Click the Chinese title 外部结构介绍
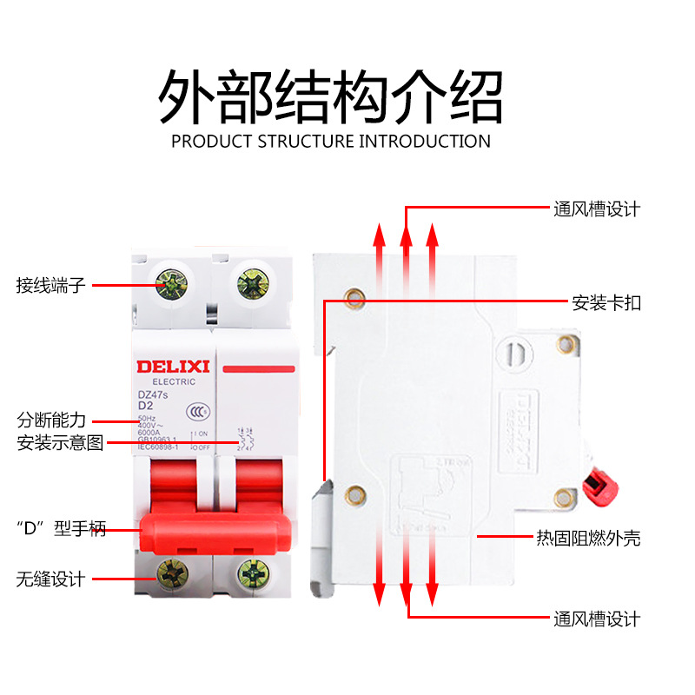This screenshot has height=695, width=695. click(331, 97)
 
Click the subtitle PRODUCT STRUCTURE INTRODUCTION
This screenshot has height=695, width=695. click(331, 141)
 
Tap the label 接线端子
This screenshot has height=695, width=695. click(51, 285)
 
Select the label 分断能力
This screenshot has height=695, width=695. click(51, 420)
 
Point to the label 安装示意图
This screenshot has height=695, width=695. click(60, 443)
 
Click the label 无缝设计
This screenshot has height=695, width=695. click(51, 579)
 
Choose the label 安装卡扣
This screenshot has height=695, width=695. click(606, 303)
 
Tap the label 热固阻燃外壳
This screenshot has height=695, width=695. click(588, 539)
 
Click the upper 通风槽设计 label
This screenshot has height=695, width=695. click(597, 209)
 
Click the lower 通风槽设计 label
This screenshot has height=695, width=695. click(597, 619)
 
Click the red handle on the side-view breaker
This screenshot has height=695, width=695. click(597, 480)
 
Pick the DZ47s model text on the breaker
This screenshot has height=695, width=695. click(153, 394)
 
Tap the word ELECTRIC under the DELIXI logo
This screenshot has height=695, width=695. click(168, 381)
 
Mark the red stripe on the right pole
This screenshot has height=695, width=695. click(259, 369)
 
